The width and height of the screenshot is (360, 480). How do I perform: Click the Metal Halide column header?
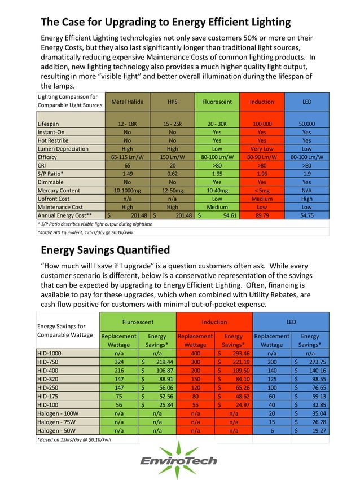pos(127,102)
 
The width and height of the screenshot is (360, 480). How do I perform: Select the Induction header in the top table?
pos(261,102)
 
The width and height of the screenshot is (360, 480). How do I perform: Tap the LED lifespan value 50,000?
pos(306,124)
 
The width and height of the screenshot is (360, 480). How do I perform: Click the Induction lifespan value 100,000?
pos(261,124)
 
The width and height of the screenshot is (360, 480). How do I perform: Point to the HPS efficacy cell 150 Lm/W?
pos(172,157)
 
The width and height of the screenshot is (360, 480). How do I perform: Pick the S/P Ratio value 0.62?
pos(172,174)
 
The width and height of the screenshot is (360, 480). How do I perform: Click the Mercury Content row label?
pos(59,191)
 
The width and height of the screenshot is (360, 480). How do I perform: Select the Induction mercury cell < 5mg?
pos(261,191)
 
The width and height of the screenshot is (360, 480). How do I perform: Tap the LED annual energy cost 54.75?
pos(306,215)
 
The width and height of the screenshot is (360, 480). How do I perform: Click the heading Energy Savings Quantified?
pos(106,250)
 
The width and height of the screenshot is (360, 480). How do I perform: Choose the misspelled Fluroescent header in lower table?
pos(138,322)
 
